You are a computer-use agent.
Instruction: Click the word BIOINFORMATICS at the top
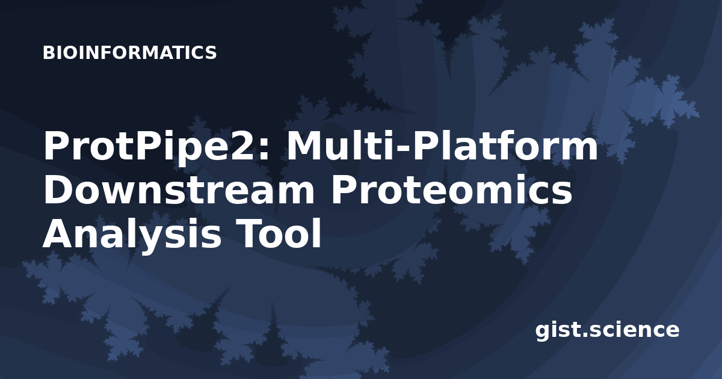pos(129,52)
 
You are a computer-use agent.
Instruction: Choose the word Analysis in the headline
pos(132,235)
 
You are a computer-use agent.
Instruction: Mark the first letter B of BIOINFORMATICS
pos(48,52)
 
